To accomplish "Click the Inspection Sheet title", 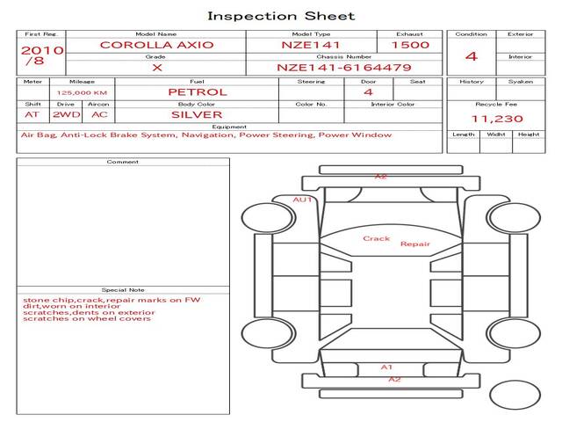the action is tap(281, 16).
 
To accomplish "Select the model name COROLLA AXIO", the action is tap(156, 45).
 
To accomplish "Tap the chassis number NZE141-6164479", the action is tap(344, 68).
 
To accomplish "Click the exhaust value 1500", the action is tap(410, 45).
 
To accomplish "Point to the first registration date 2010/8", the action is tap(42, 55).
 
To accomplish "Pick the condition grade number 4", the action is tap(472, 56).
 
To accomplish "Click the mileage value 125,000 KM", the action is tap(82, 93).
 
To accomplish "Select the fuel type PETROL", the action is tap(198, 92).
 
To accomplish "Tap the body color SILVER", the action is tap(197, 115).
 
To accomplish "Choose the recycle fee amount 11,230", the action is tap(497, 119).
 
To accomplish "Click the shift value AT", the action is tap(32, 115).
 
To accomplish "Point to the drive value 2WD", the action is tap(67, 115).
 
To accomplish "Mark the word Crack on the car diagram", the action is tap(377, 238).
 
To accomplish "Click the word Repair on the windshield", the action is tap(415, 244).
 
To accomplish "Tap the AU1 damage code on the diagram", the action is tap(302, 200).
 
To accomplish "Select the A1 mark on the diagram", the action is tap(386, 367).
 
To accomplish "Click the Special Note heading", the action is tap(123, 290).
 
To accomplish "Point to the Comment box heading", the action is tap(123, 162).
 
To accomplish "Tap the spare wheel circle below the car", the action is tap(515, 395).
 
